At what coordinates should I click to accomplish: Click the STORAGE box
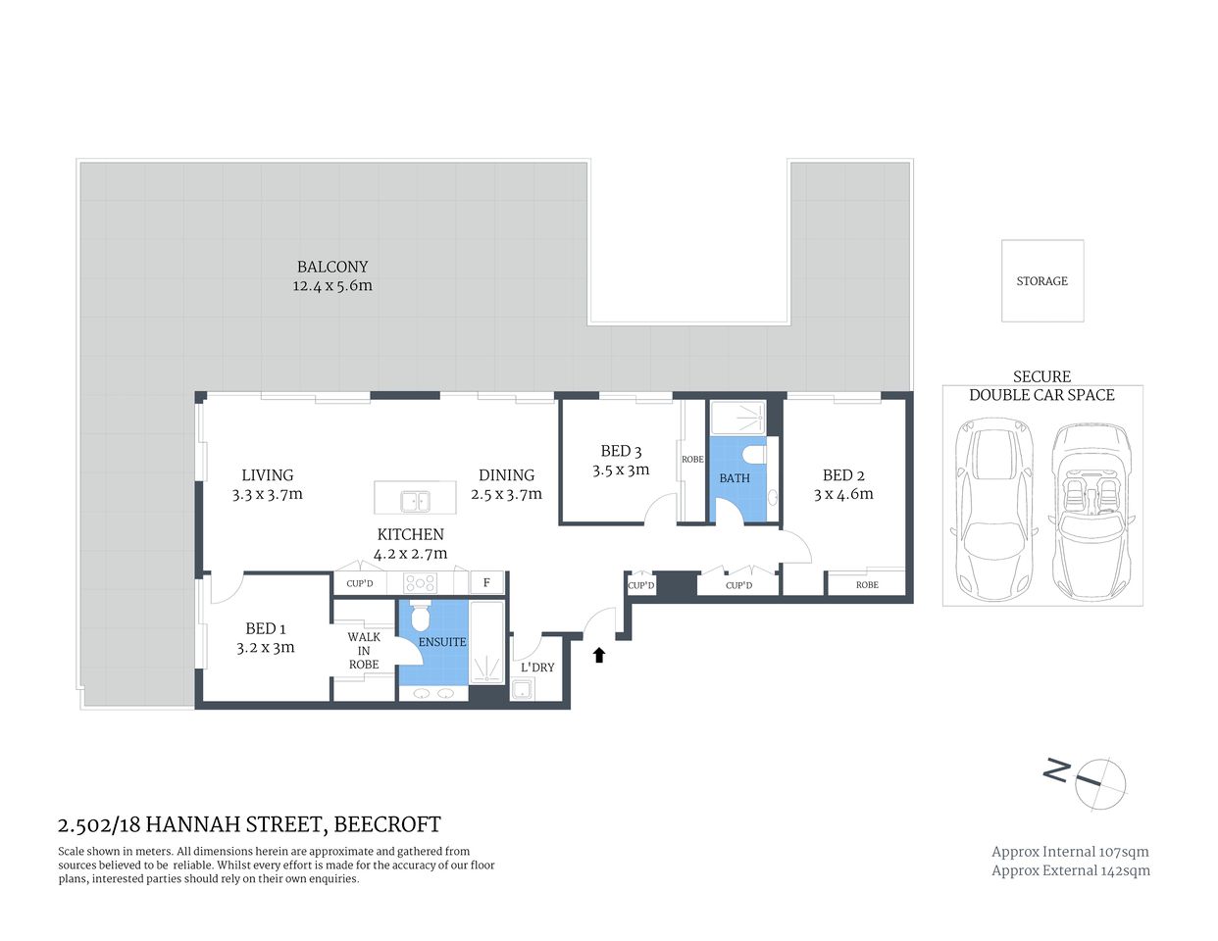[1041, 280]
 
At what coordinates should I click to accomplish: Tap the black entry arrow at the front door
[598, 655]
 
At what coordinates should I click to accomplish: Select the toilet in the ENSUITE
[421, 617]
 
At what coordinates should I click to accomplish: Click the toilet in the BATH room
[753, 456]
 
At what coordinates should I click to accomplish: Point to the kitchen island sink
[415, 502]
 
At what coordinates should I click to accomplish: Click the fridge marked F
[486, 583]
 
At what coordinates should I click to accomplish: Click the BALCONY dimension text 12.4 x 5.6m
[332, 286]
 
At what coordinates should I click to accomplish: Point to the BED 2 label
[843, 475]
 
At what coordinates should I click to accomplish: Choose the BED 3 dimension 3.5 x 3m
[621, 470]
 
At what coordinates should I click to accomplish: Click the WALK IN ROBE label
[364, 650]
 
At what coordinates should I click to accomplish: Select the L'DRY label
[537, 668]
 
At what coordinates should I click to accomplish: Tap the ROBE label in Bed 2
[867, 585]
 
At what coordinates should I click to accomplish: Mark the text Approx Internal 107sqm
[1070, 852]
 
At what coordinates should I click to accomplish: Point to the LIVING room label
[268, 475]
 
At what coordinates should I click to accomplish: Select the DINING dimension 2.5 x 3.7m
[507, 495]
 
